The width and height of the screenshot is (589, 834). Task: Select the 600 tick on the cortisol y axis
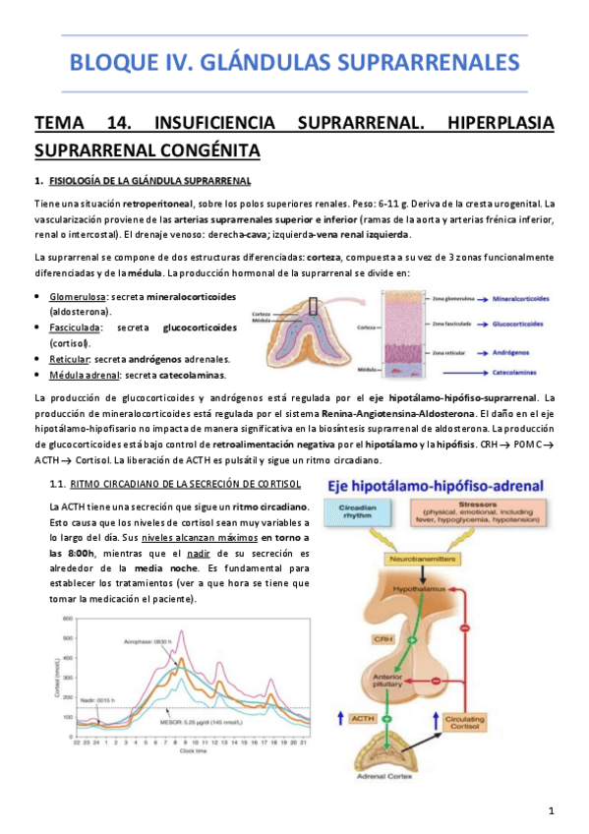click(67, 619)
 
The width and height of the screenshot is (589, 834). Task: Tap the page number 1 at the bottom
click(552, 809)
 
